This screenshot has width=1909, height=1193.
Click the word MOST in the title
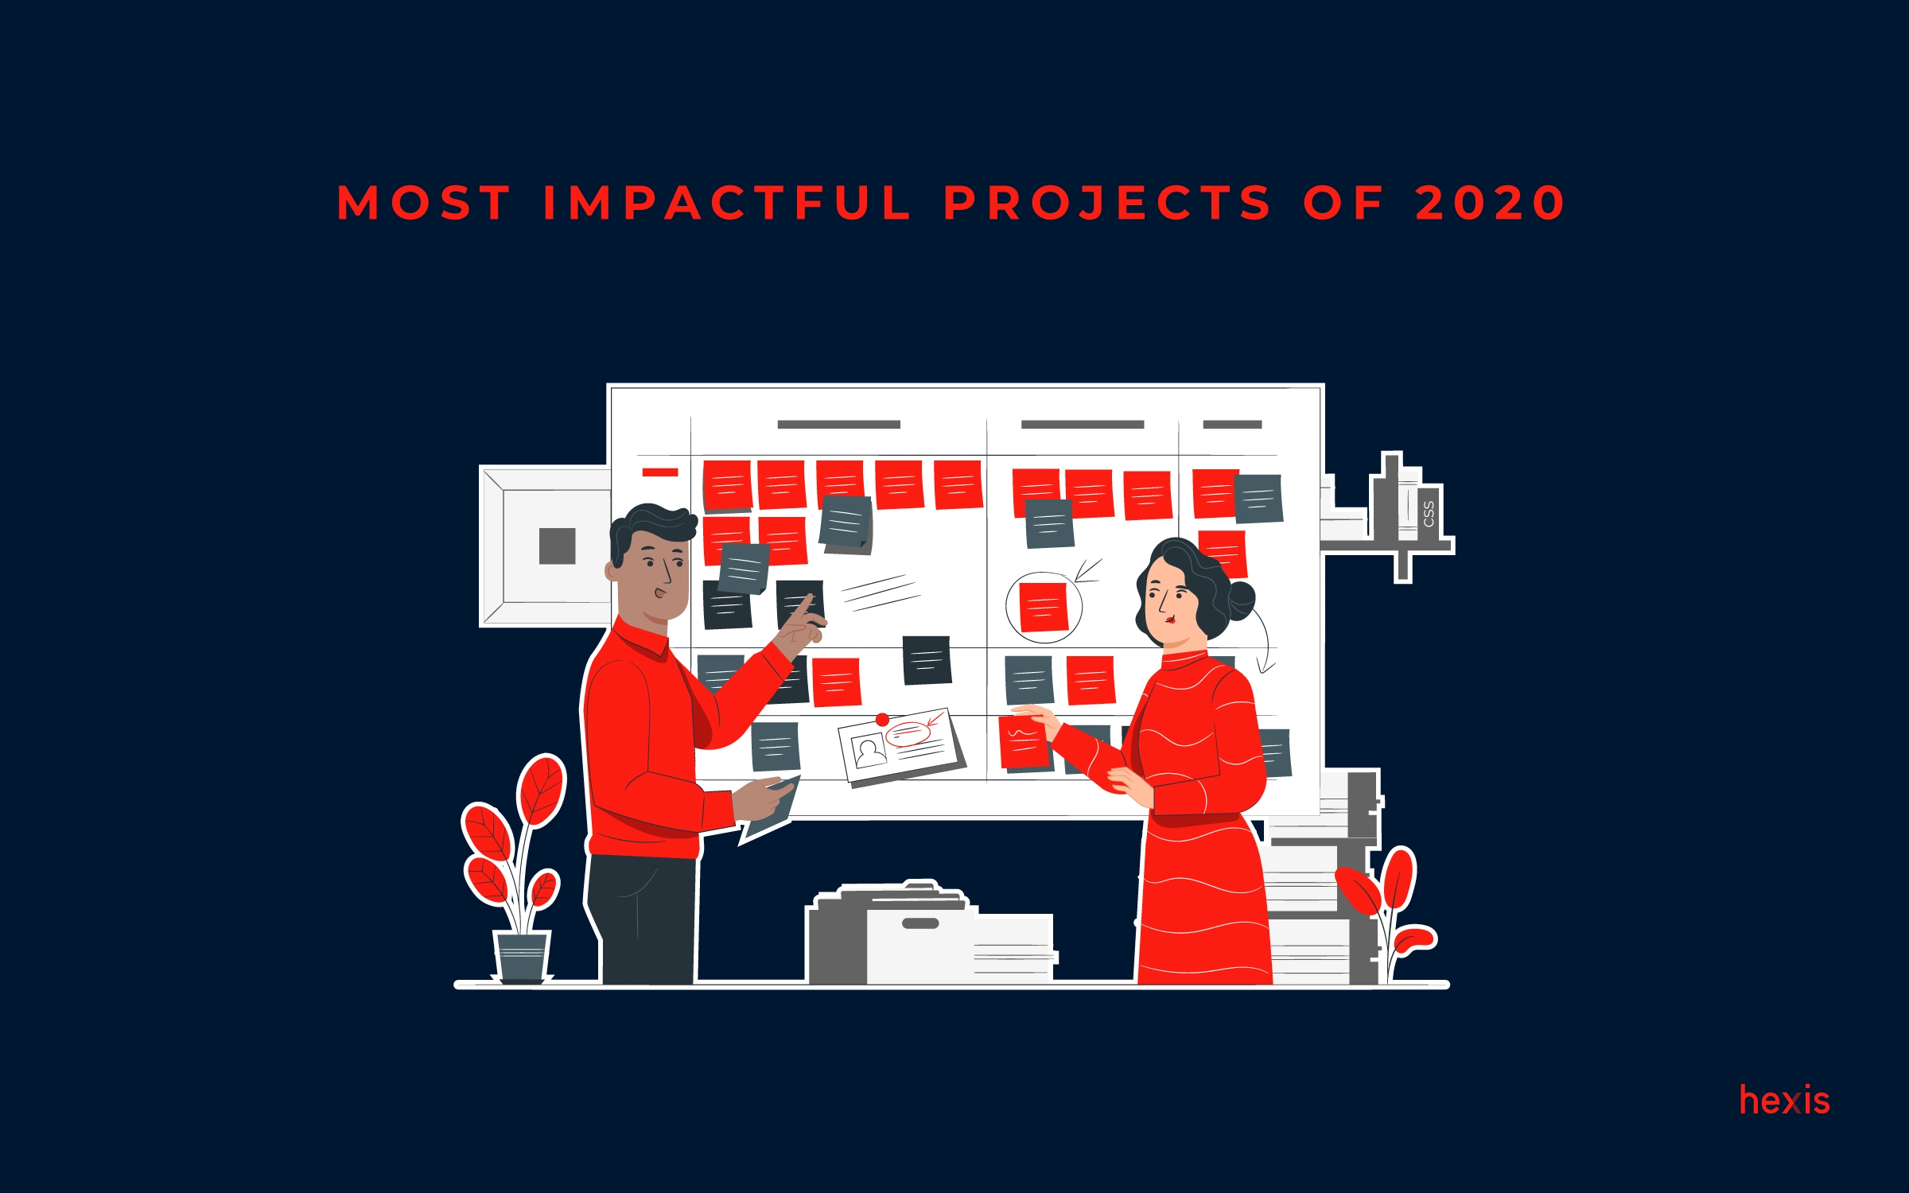tap(423, 203)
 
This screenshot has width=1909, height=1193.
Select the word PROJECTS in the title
tap(1107, 203)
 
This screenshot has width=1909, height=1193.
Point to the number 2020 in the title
tap(1490, 203)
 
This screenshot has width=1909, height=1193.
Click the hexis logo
tap(1784, 1101)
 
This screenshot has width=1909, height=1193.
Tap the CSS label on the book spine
tap(1429, 515)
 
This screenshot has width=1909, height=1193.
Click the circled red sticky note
tap(1043, 607)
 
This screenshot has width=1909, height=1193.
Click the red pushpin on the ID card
tap(882, 720)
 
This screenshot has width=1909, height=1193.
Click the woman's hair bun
tap(1240, 600)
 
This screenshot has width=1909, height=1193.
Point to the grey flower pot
tap(522, 957)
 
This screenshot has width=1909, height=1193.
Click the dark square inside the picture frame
tap(557, 546)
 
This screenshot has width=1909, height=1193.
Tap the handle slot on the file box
tap(920, 924)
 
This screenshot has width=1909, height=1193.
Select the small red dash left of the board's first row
tap(659, 472)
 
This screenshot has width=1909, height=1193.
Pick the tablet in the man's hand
tap(768, 813)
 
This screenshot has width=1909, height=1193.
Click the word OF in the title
tap(1344, 203)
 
